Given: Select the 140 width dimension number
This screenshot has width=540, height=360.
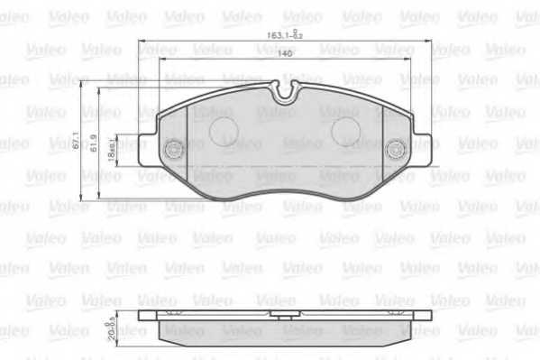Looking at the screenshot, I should [x=285, y=55].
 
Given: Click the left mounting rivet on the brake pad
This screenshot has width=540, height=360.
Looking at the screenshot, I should [x=173, y=149].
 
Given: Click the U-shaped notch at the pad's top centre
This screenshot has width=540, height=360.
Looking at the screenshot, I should [x=286, y=91].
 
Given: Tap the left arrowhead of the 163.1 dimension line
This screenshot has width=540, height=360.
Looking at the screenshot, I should [x=141, y=42].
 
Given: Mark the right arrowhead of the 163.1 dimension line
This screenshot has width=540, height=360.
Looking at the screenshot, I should [x=431, y=42].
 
